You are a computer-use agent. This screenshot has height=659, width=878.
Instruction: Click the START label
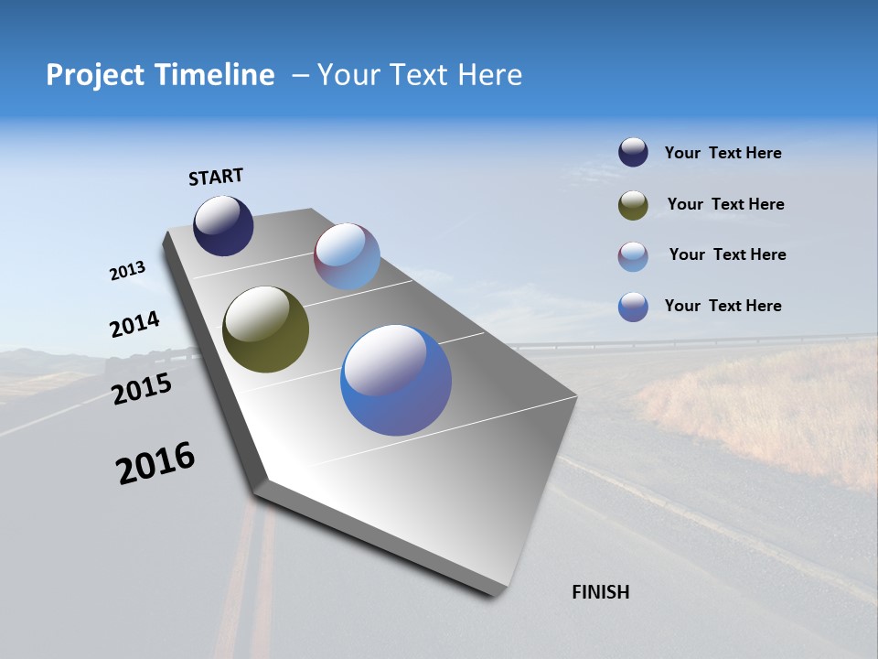[216, 177]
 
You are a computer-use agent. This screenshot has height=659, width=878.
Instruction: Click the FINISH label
[600, 592]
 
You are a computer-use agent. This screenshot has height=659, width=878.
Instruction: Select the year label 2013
[127, 271]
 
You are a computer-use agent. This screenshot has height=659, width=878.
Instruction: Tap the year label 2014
[134, 325]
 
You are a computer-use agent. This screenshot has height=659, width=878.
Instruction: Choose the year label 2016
[155, 463]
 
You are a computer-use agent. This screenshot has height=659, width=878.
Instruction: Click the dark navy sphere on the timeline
[223, 225]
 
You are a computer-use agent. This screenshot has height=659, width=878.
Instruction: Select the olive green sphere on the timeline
[265, 329]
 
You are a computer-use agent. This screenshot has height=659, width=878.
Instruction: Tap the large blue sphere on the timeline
[396, 380]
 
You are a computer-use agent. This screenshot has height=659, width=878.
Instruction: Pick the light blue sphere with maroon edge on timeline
[347, 256]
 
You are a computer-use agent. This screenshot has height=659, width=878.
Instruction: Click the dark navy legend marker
[633, 153]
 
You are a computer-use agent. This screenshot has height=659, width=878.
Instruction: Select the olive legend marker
[633, 205]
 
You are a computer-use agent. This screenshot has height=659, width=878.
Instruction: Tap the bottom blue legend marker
[633, 307]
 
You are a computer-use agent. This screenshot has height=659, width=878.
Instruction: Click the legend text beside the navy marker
[723, 154]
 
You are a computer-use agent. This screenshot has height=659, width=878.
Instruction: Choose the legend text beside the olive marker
[725, 204]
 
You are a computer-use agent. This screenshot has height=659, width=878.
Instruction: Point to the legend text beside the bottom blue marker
[723, 306]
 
